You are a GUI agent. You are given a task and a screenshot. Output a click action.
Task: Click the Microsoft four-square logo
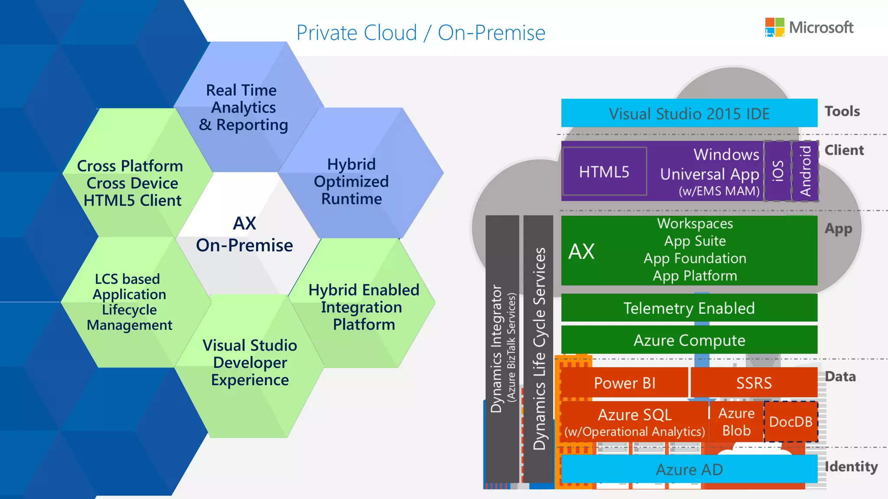click(774, 27)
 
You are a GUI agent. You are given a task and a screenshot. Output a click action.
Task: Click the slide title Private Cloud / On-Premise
click(421, 33)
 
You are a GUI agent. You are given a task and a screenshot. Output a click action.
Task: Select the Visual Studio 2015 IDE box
click(689, 113)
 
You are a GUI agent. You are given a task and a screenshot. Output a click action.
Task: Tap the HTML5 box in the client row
click(604, 172)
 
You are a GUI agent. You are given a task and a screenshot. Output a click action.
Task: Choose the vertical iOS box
click(777, 171)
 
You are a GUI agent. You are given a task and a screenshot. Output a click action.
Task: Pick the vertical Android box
click(805, 171)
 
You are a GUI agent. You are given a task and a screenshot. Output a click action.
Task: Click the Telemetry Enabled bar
click(689, 308)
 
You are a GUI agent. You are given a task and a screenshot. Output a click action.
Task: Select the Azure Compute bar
click(689, 340)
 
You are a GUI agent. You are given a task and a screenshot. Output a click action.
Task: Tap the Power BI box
click(624, 383)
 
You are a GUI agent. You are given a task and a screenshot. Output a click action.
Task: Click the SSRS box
click(754, 383)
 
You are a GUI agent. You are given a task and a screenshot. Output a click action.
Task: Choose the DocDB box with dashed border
click(790, 421)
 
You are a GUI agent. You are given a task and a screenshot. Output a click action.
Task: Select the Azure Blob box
click(736, 422)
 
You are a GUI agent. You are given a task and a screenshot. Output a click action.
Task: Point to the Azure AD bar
click(689, 470)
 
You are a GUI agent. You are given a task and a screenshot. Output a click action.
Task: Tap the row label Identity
click(851, 467)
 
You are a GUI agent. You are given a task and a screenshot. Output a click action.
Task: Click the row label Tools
click(842, 111)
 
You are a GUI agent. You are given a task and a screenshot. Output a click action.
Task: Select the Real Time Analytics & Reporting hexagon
click(243, 107)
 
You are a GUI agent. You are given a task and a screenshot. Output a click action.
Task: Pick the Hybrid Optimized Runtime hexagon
click(352, 181)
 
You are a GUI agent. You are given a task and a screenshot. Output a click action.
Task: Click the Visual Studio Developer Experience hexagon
click(250, 363)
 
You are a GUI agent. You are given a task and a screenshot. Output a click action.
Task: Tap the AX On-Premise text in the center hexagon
click(245, 235)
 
